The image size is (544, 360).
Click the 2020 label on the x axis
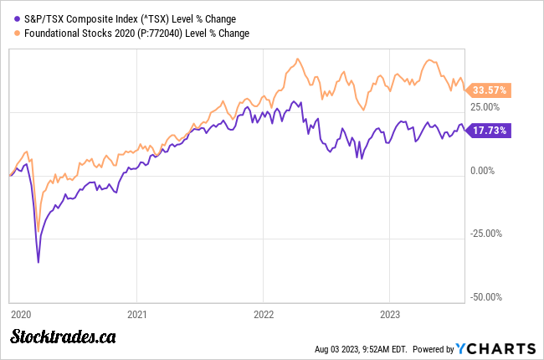[x=20, y=314]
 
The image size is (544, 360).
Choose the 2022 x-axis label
[x=263, y=314]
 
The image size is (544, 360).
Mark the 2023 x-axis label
[x=388, y=314]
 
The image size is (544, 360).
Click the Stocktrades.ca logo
[x=63, y=337]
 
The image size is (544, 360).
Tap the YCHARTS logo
[x=497, y=348]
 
